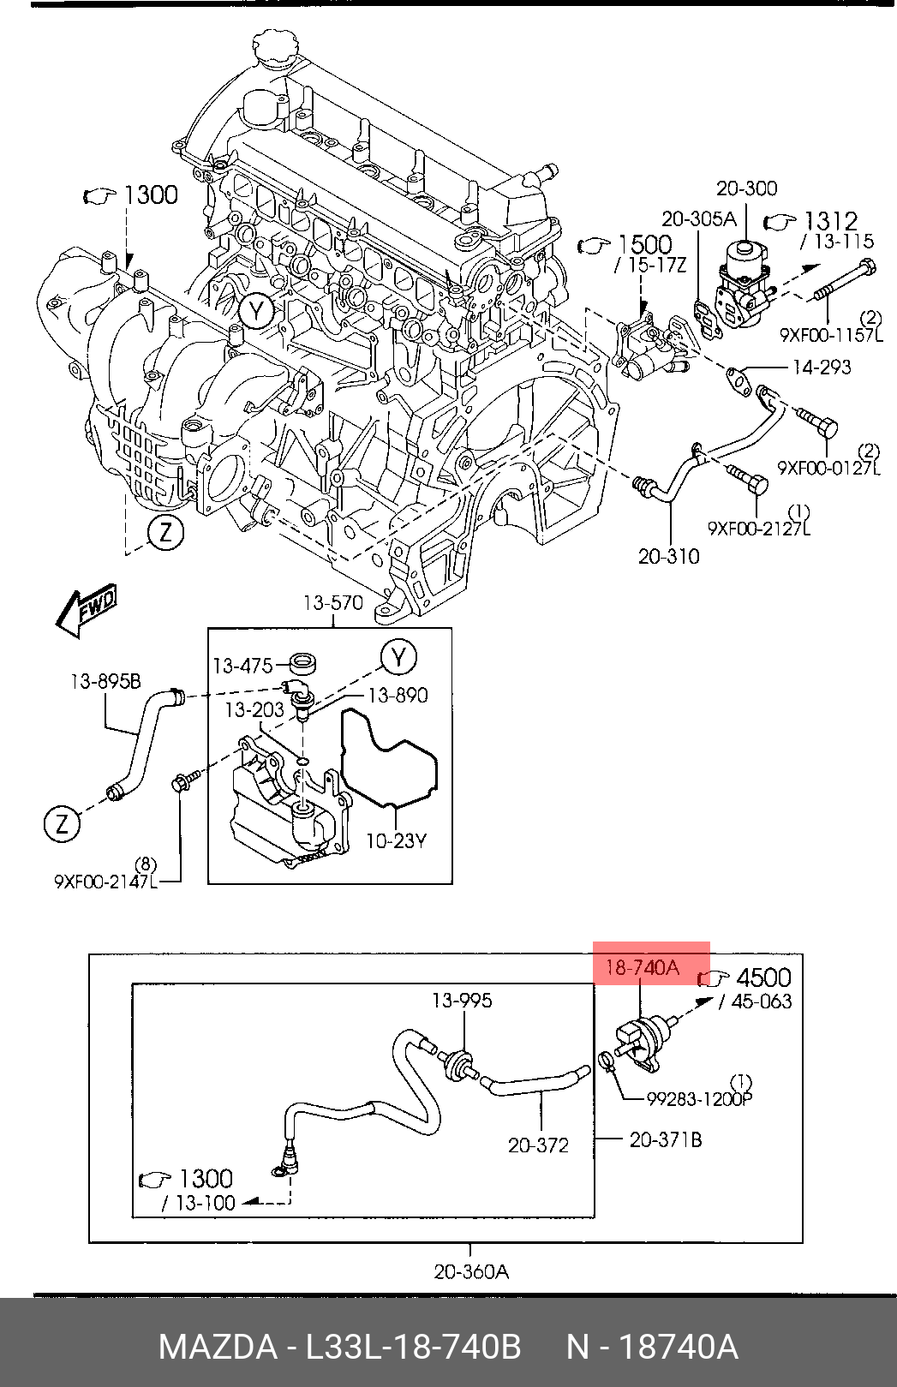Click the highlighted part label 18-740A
pos(642,966)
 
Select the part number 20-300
pos(746,188)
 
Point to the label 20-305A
pos(700,218)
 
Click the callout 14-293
pos(822,368)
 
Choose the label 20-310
pos(668,556)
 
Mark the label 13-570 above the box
pos(333,602)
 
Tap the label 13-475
pos(242,666)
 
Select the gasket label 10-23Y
pos(396,841)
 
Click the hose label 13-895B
pos(105,682)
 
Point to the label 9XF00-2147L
pos(106,881)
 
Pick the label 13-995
pos(462,1000)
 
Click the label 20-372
pos(538,1145)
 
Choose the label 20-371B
pos(666,1139)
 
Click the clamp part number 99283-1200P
pos(700,1099)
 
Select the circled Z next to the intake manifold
pos(165,532)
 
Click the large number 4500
pos(764,977)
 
